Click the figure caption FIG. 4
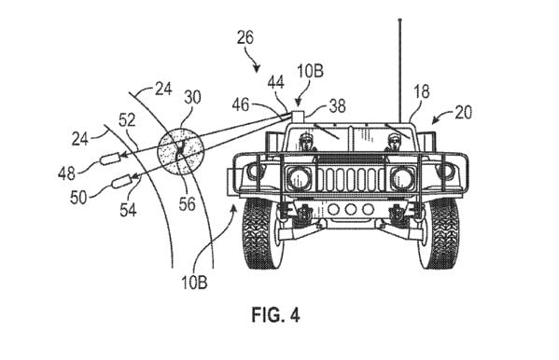point(275,314)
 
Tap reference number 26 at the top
point(245,37)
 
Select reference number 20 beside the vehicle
point(464,112)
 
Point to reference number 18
point(422,91)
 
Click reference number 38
point(337,106)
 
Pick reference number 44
point(275,82)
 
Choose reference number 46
point(241,105)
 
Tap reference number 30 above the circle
point(192,97)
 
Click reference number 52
point(127,120)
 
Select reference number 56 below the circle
point(188,204)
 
